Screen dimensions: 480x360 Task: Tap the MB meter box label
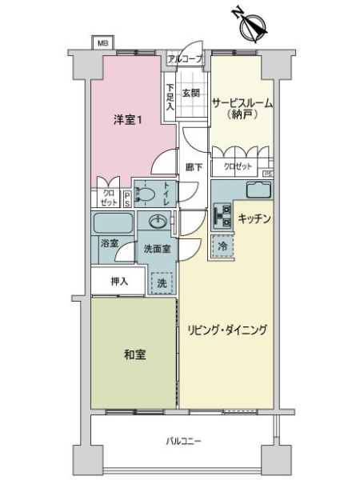[102, 43]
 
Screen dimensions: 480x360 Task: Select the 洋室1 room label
[127, 120]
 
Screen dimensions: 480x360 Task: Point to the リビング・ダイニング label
[228, 330]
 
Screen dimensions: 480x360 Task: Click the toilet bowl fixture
[146, 193]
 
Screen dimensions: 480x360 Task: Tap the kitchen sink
[258, 190]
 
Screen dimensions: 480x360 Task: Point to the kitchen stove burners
[222, 214]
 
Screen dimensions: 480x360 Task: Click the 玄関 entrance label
[190, 92]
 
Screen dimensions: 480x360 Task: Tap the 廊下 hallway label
[194, 167]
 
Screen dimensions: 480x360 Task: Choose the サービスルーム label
[242, 102]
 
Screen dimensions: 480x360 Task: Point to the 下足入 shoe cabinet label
[170, 97]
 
